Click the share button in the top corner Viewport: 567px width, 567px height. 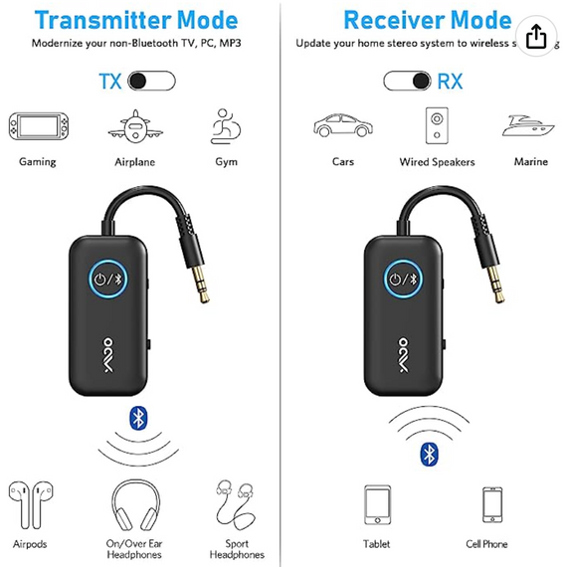(x=535, y=36)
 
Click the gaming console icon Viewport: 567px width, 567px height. (x=37, y=126)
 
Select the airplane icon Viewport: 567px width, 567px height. (x=134, y=126)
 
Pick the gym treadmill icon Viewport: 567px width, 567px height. (x=226, y=126)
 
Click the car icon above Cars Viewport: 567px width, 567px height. (x=337, y=126)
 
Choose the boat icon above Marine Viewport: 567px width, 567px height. (x=531, y=126)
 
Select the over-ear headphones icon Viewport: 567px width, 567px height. (x=133, y=503)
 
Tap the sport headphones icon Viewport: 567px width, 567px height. (x=235, y=503)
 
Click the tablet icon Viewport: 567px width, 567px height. (x=377, y=503)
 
